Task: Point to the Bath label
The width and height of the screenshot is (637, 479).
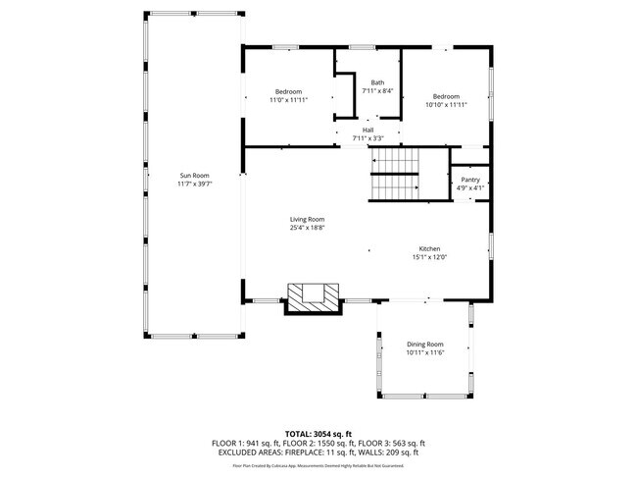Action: point(377,82)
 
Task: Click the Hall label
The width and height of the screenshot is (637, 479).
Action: point(367,130)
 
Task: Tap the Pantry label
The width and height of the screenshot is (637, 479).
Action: point(470,180)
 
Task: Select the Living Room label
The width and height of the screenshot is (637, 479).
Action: point(307,219)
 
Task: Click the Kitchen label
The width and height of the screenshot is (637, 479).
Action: point(430,249)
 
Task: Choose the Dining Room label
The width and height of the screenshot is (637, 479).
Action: point(425,344)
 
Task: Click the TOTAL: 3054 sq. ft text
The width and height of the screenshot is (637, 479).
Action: point(318,433)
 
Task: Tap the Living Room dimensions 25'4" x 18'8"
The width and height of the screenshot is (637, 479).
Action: point(307,228)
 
